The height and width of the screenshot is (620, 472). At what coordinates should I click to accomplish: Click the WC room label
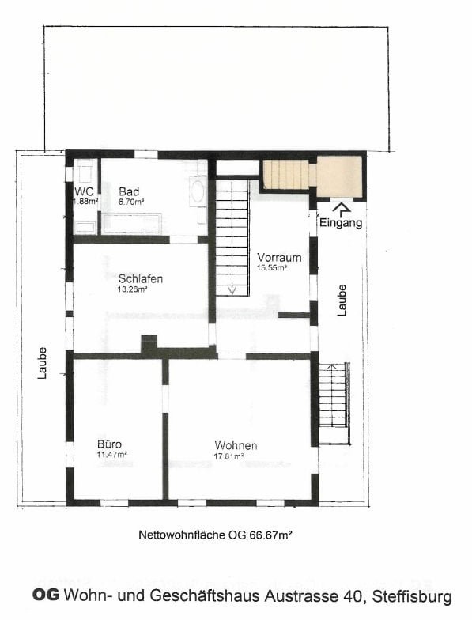84,191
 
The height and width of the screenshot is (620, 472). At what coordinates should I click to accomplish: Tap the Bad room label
130,191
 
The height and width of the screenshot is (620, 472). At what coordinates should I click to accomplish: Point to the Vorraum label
279,258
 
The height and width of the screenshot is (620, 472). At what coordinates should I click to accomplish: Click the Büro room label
109,444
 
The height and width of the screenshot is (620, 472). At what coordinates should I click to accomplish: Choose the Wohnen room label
236,446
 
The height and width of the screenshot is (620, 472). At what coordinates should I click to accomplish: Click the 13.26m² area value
133,289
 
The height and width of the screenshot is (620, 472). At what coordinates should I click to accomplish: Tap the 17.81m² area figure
229,456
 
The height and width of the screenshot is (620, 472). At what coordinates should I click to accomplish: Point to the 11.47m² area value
112,454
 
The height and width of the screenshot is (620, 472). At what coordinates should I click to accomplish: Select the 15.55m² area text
272,267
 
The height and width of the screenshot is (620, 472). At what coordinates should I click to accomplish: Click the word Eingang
341,223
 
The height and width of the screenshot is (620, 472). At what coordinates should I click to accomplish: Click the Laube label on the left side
43,364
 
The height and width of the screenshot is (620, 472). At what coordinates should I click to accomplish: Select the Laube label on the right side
342,301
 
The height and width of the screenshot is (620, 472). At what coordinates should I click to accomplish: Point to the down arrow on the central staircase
232,289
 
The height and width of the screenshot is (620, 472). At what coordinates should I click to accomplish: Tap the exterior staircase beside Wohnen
334,403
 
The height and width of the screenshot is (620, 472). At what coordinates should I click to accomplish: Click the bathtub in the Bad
132,224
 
